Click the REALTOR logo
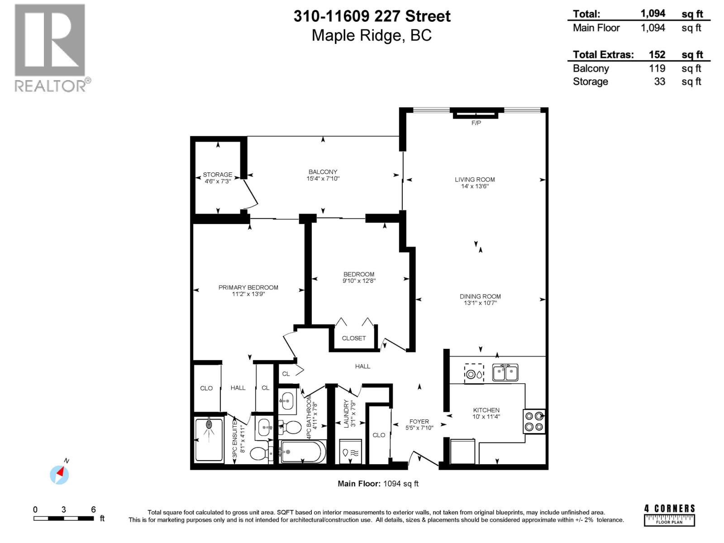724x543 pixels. (x=50, y=48)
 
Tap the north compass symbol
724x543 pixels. (x=59, y=475)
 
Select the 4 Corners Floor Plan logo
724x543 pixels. (x=670, y=515)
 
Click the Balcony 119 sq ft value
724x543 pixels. (x=657, y=68)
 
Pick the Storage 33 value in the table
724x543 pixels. (x=659, y=81)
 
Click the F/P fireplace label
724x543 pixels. (x=476, y=123)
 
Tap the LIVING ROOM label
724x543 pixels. (x=475, y=179)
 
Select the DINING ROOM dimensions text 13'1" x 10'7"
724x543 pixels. (x=480, y=303)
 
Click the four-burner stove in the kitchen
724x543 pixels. (x=534, y=421)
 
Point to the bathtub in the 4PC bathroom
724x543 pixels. (x=302, y=452)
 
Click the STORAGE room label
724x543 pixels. (x=218, y=174)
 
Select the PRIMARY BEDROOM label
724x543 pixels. (x=248, y=287)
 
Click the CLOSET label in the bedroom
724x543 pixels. (x=354, y=338)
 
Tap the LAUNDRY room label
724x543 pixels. (x=347, y=413)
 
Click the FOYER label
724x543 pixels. (x=419, y=421)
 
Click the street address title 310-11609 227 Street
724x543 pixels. (x=372, y=16)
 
